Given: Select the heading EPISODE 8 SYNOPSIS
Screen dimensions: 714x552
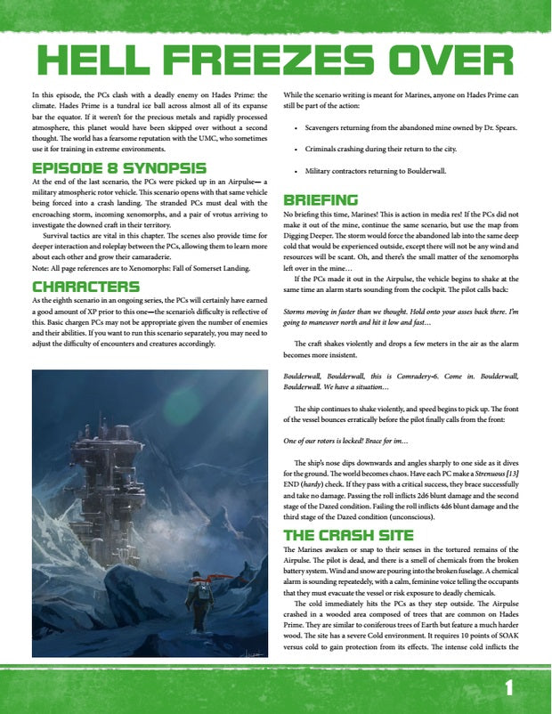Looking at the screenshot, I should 118,168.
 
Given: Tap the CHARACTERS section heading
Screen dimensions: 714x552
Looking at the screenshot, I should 85,286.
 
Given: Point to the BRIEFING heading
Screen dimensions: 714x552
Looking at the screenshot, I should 321,199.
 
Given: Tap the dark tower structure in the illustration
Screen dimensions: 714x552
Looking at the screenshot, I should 103,463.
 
